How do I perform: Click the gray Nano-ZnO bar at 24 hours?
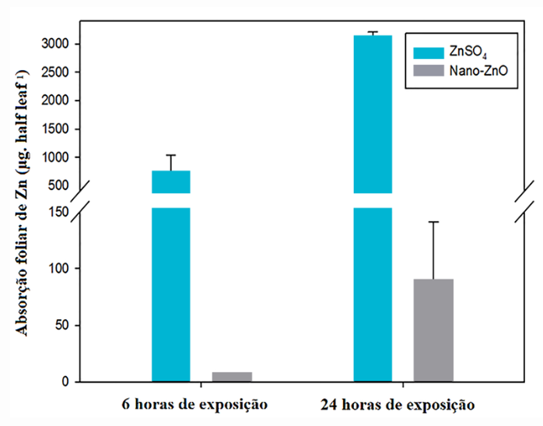(x=433, y=330)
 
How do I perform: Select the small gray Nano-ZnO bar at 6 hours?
(x=232, y=377)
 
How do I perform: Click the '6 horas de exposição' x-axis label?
(x=194, y=405)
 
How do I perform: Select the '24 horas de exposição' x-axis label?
(x=397, y=405)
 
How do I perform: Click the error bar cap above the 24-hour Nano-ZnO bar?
(x=433, y=222)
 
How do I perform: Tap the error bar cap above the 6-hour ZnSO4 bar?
(x=171, y=155)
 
